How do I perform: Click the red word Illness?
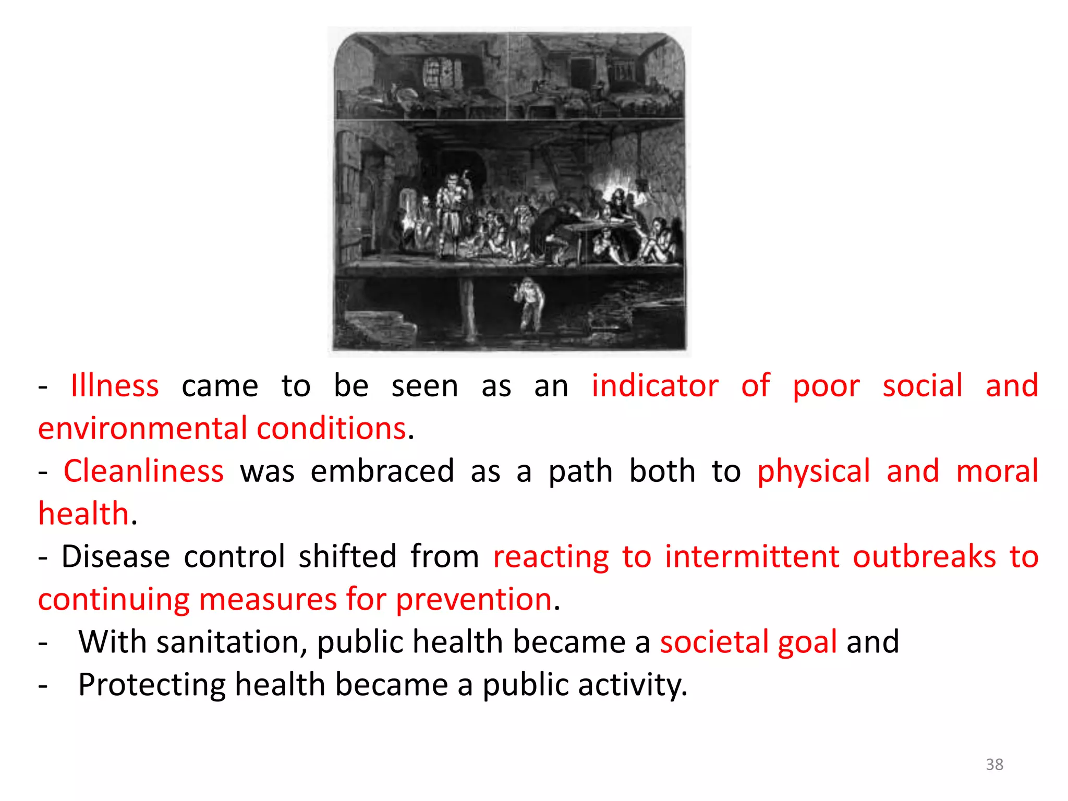click(114, 386)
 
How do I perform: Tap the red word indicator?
click(655, 386)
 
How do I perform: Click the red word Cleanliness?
click(143, 471)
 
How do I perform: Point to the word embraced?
click(382, 471)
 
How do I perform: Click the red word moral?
click(997, 471)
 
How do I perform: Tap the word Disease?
click(116, 556)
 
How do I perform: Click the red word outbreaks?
click(924, 556)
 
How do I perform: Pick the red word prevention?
click(474, 600)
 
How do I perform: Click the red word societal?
click(714, 642)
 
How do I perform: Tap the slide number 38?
click(994, 764)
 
